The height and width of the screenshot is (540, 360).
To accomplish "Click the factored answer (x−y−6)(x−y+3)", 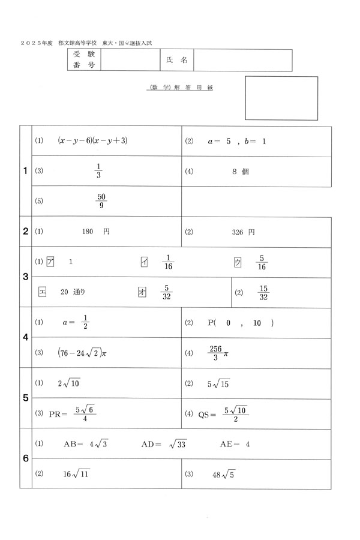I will pos(93,141).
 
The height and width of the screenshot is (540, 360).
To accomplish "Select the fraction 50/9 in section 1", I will pos(101,202).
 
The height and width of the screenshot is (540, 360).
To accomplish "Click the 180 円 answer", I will pos(95,231).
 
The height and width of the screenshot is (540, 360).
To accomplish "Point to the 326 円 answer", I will pos(243,232).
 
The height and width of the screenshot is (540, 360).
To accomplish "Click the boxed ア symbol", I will pos(50,262).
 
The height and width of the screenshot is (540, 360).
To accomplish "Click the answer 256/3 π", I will pos(217,353).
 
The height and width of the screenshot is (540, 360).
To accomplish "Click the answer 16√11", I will pos(76,474).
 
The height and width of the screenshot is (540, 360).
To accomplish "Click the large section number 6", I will pos(26,459).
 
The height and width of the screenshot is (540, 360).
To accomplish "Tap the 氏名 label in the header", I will pos(176,61).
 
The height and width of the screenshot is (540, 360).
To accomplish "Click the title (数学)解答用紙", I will pos(179,88).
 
